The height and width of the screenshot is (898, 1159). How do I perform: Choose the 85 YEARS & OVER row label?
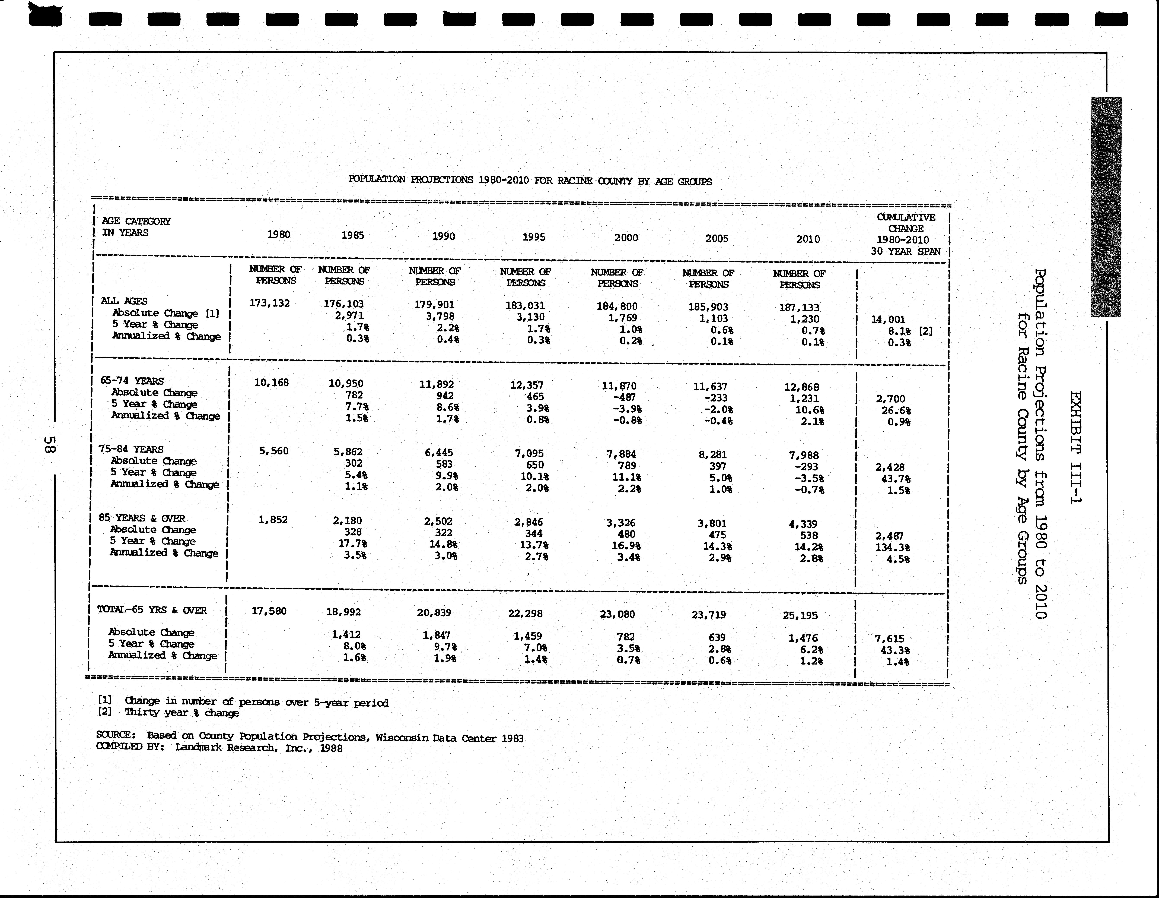tap(142, 518)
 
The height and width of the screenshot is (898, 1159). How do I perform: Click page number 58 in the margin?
tap(49, 444)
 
